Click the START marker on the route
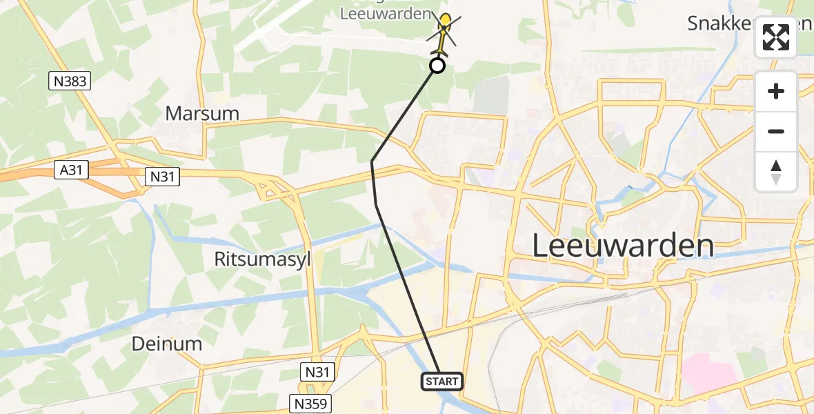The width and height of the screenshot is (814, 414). coord(441,381)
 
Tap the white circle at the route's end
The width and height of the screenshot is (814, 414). coord(437,66)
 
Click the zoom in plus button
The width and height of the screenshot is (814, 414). coord(776,91)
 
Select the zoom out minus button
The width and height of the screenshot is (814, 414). coord(776,131)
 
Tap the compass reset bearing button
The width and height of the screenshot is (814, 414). coord(776,172)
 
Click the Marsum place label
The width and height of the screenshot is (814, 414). coord(202,114)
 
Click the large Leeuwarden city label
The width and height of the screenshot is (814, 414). coord(623,246)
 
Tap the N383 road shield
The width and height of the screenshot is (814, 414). coord(71,81)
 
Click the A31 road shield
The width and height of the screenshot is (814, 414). coord(72,169)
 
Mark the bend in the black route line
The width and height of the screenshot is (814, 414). coord(372,161)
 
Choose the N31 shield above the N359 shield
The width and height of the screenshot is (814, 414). coord(319,373)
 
